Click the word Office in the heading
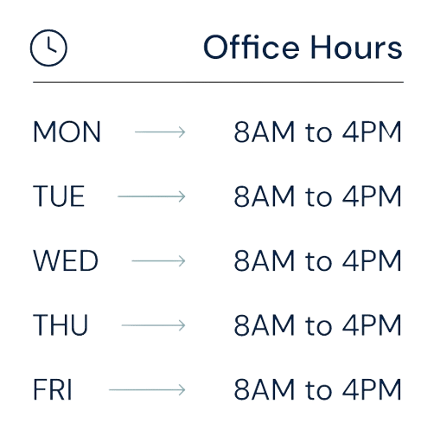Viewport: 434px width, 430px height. coord(252,47)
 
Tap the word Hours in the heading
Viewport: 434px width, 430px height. coord(356,47)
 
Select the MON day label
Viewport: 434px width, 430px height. coord(67,132)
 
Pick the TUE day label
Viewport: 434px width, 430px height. coord(59,196)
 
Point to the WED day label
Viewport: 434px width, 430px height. coord(66,260)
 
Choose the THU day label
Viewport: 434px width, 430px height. coord(61,325)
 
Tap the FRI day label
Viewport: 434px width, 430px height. coord(53,389)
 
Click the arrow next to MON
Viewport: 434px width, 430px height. coord(160,132)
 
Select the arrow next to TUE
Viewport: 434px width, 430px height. coord(151,196)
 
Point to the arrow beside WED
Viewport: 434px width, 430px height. coord(158,261)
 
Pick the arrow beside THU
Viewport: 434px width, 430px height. coord(153,325)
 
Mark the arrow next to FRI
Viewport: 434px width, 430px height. coord(147,390)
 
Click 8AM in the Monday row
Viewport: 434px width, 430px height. coord(265,132)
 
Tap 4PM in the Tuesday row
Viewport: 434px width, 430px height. coord(372,196)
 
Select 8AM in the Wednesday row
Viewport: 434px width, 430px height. coord(265,260)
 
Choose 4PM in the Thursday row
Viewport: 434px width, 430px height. coord(372,325)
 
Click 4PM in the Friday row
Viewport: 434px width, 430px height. coord(372,389)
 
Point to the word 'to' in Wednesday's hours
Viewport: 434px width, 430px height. coord(318,261)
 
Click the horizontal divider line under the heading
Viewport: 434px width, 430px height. coord(218,82)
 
